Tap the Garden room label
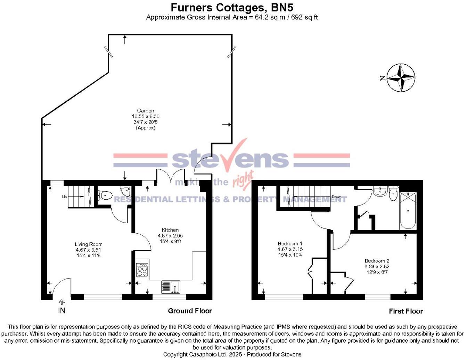(146, 111)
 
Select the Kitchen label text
(170, 230)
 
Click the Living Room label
(89, 244)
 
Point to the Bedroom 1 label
(290, 243)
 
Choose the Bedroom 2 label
(377, 261)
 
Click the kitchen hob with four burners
(142, 270)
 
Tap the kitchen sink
(171, 287)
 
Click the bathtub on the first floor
(408, 211)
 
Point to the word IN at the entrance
(62, 310)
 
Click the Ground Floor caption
(190, 311)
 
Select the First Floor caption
(406, 311)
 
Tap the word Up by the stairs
(64, 197)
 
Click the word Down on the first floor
(336, 197)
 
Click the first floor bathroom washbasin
(381, 191)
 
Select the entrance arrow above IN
(62, 302)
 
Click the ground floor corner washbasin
(125, 191)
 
